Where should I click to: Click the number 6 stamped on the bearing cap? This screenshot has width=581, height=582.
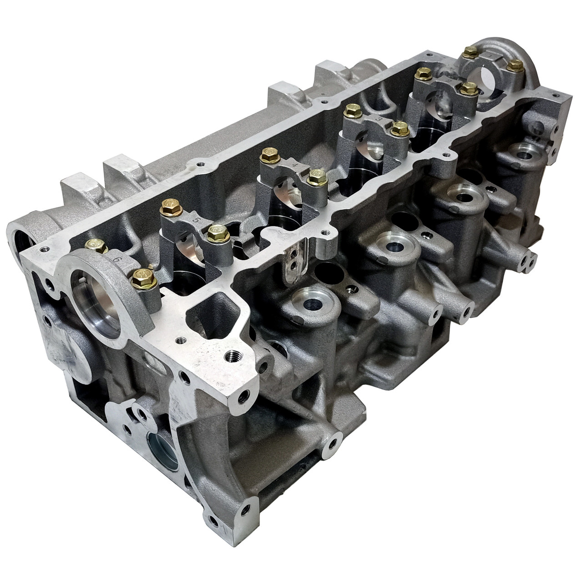(x=117, y=259)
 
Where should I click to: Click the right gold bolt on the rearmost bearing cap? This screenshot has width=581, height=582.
(x=515, y=66)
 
